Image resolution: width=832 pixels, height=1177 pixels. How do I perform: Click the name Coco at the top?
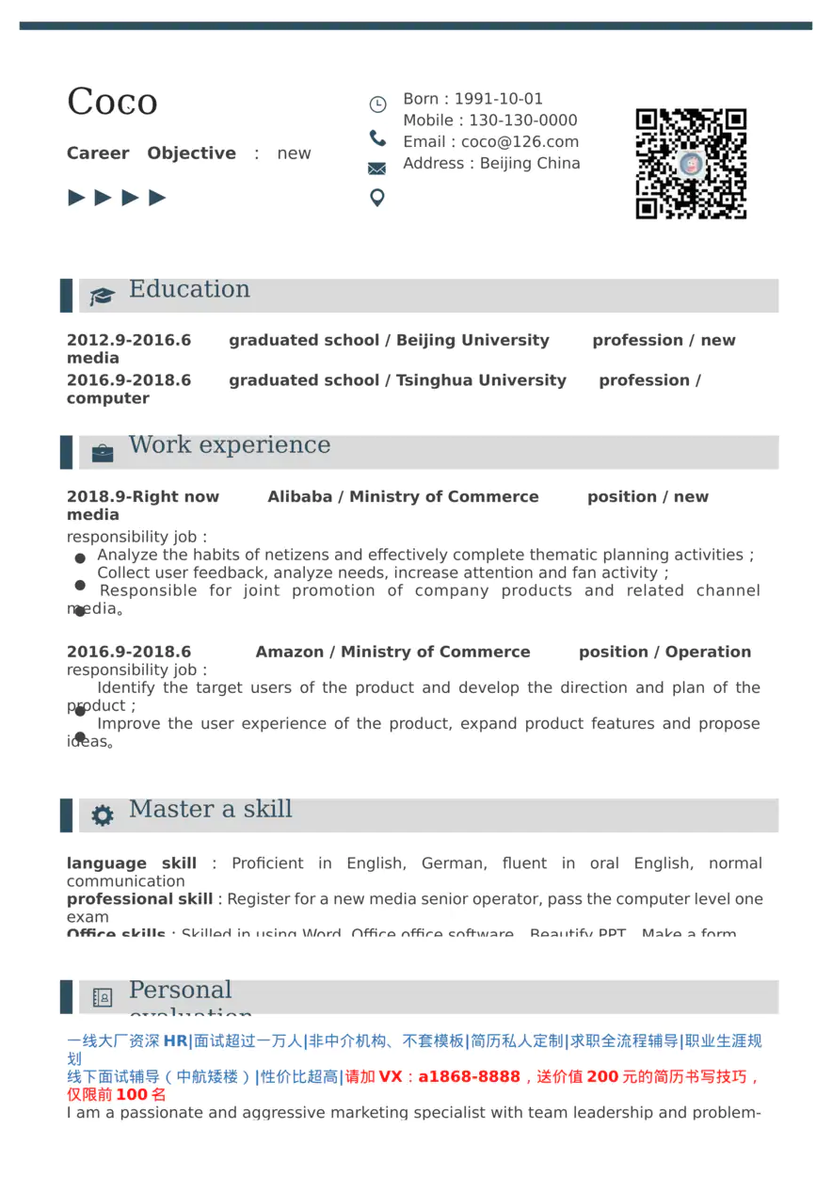(112, 102)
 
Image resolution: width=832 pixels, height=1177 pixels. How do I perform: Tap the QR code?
(691, 164)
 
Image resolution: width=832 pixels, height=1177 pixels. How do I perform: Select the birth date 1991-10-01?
(499, 99)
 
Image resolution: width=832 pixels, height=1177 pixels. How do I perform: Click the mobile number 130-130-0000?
(523, 121)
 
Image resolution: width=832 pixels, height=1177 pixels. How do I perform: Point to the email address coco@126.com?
(520, 142)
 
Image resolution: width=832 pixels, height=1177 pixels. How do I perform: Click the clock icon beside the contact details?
(377, 105)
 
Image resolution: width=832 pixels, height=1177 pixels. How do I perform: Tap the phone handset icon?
(377, 138)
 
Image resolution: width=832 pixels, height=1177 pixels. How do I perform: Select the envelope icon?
(376, 169)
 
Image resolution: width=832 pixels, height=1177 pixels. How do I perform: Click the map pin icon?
(376, 198)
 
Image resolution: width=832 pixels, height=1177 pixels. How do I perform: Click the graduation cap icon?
(102, 297)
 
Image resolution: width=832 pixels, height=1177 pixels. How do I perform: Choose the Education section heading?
(189, 289)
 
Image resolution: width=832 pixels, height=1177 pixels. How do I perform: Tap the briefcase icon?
(102, 454)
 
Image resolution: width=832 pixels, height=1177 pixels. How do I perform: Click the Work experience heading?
(230, 445)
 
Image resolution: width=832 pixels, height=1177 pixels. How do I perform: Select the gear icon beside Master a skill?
(102, 816)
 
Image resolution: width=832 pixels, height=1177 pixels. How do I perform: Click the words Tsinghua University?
(481, 380)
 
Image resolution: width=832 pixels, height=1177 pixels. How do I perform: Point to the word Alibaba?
(299, 497)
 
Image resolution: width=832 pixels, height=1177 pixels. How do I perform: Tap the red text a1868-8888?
(469, 1077)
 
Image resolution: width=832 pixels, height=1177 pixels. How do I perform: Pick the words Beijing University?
(472, 341)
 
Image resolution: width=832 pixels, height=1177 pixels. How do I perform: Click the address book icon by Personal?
(102, 997)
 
